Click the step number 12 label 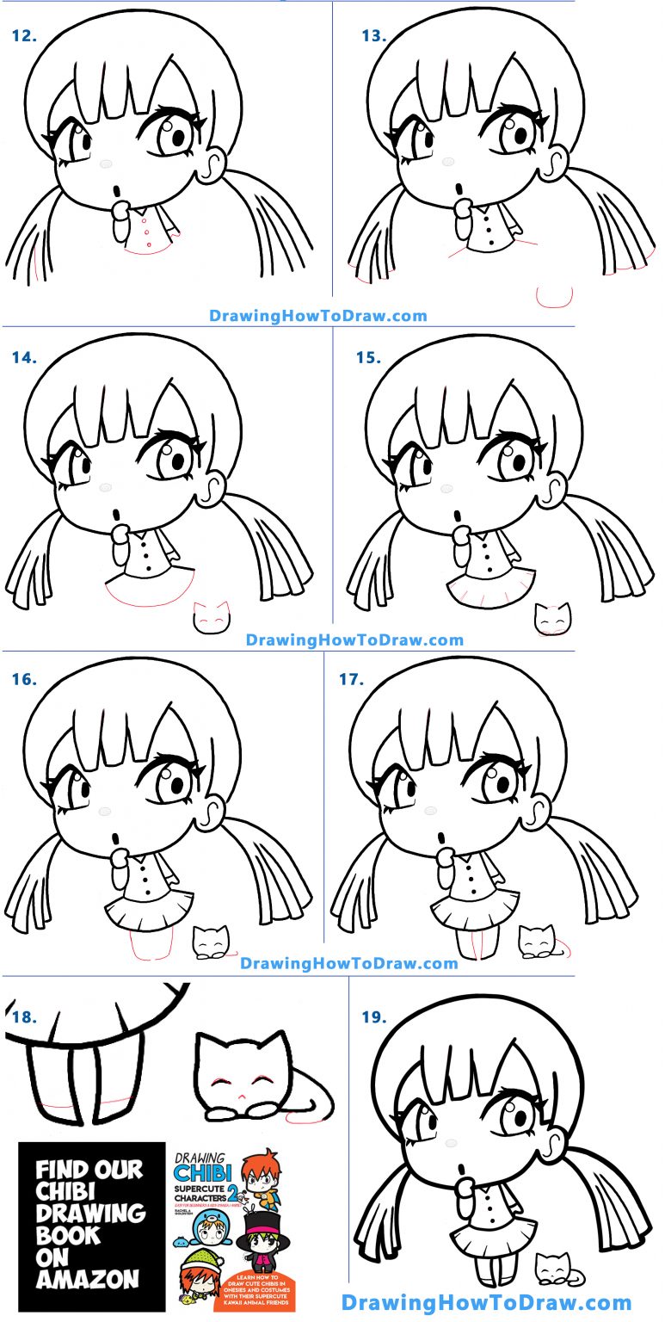(27, 36)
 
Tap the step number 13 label (374, 36)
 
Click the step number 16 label (26, 679)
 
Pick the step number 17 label (351, 679)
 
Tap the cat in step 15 (552, 619)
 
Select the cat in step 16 (212, 942)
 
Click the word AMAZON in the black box (88, 1280)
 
